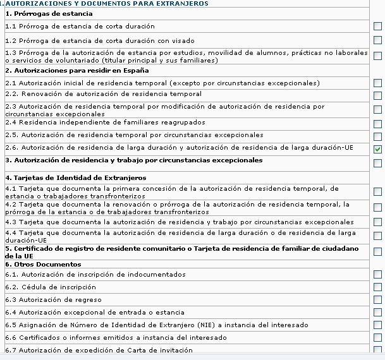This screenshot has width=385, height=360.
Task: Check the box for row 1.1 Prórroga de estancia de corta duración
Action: click(x=377, y=27)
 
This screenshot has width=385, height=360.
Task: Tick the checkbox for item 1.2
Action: click(x=377, y=40)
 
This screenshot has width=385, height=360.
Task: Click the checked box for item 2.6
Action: click(x=377, y=149)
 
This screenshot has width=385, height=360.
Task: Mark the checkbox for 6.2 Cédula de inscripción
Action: click(x=377, y=287)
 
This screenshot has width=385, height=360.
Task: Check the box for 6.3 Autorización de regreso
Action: click(x=377, y=300)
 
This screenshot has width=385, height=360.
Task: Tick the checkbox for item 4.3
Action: click(x=377, y=222)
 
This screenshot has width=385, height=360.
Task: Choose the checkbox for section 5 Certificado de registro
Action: click(x=377, y=251)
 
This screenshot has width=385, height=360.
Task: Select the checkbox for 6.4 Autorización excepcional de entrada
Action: click(x=377, y=313)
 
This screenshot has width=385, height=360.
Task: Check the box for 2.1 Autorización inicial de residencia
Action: click(x=377, y=83)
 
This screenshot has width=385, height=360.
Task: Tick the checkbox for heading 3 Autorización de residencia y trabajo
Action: click(x=377, y=163)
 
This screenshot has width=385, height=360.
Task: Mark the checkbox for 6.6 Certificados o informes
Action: click(x=377, y=338)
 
